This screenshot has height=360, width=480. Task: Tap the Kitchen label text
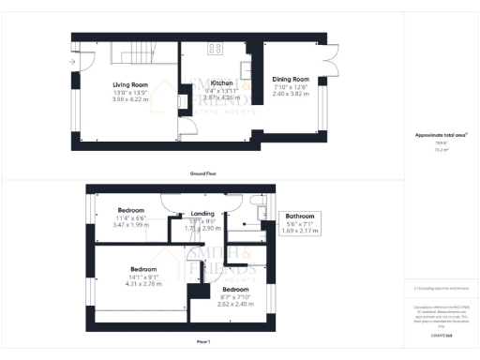pyautogui.click(x=221, y=82)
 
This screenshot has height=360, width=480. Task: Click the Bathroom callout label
pyautogui.click(x=301, y=216)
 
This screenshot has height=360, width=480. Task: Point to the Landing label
pyautogui.click(x=203, y=213)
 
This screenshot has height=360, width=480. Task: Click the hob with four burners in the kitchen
pyautogui.click(x=215, y=48)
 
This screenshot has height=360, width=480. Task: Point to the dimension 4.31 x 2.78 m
pyautogui.click(x=143, y=283)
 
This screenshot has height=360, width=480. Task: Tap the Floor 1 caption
pyautogui.click(x=202, y=340)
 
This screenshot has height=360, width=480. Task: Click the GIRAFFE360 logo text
pyautogui.click(x=442, y=335)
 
